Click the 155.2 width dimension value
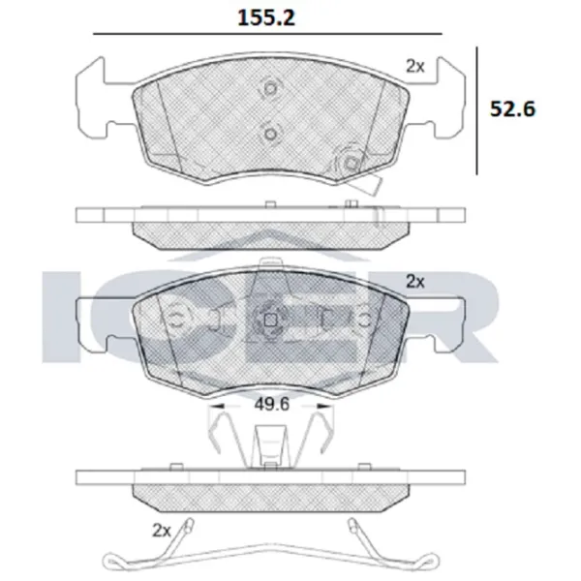pyautogui.click(x=266, y=17)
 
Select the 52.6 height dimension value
pyautogui.click(x=513, y=108)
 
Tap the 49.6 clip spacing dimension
pyautogui.click(x=271, y=404)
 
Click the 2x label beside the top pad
pyautogui.click(x=415, y=66)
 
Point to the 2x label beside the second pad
pyautogui.click(x=415, y=282)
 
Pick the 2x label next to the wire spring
pyautogui.click(x=161, y=531)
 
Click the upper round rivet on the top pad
pyautogui.click(x=271, y=88)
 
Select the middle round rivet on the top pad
pyautogui.click(x=271, y=134)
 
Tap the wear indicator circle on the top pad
pyautogui.click(x=351, y=163)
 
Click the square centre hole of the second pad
pyautogui.click(x=271, y=320)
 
